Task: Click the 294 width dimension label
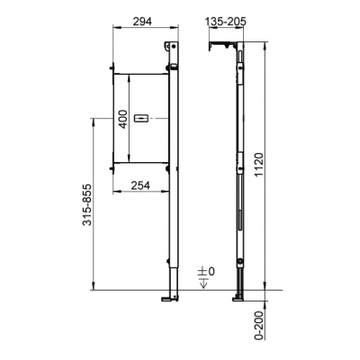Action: (x=141, y=22)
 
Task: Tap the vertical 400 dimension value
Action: (x=122, y=119)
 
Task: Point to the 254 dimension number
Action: (x=140, y=185)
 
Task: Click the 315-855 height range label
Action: (x=87, y=204)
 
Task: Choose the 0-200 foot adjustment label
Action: (x=258, y=325)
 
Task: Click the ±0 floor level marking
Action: (x=206, y=272)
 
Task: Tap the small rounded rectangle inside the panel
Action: (x=140, y=119)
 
